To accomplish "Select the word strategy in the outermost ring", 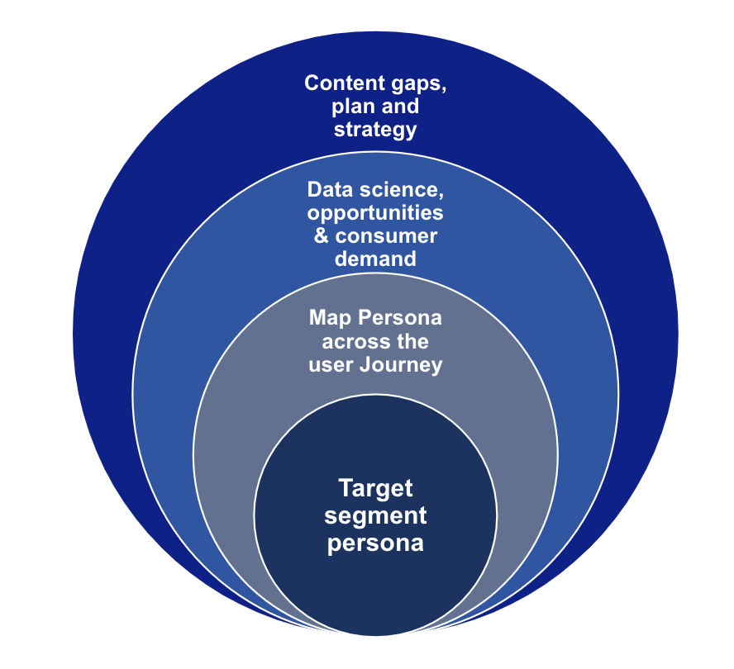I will tap(375, 130).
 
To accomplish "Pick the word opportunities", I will tap(375, 213).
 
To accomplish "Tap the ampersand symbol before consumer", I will tap(321, 236).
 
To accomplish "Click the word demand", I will tap(375, 259).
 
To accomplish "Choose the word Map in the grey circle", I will tap(328, 318).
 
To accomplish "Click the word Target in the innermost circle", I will tap(374, 488).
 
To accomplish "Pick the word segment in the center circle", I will tap(375, 516).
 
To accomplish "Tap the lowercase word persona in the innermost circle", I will tap(375, 544).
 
